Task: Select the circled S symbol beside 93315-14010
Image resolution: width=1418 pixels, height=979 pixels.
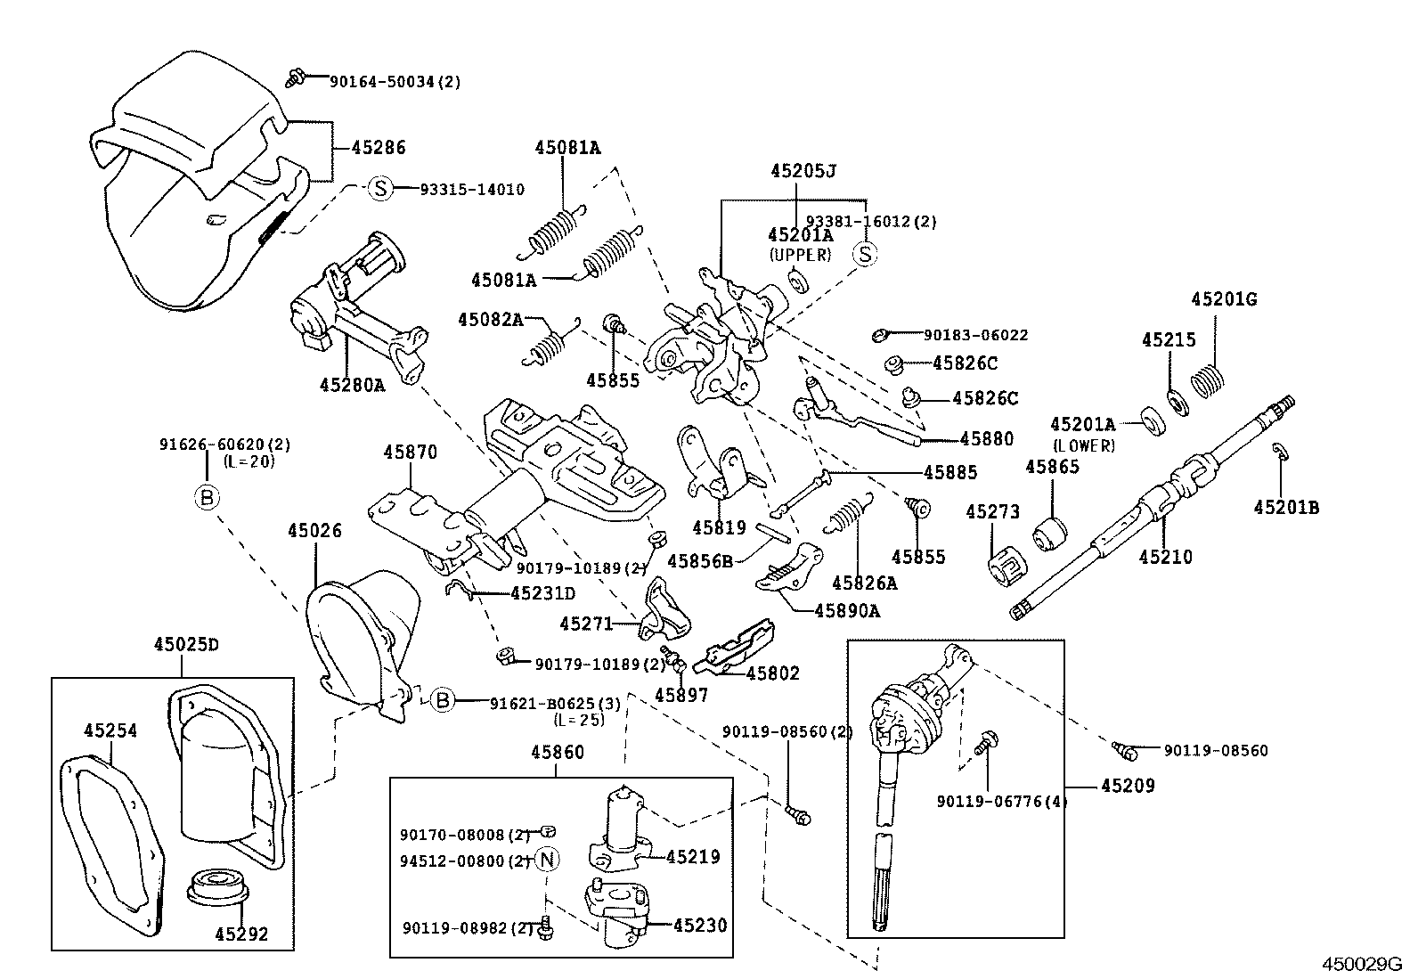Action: tap(380, 189)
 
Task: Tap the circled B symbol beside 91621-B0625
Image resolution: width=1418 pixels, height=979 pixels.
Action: tap(444, 701)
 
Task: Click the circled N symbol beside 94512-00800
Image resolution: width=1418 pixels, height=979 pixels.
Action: tap(548, 860)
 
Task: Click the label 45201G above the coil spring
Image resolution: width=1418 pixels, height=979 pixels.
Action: tap(1224, 299)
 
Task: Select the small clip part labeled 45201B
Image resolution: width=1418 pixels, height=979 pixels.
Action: tap(1279, 453)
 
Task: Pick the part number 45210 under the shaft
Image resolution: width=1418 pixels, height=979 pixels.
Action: tap(1165, 557)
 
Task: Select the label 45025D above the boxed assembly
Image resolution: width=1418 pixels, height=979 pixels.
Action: tap(185, 644)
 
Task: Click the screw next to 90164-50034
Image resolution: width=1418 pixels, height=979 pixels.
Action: tap(297, 78)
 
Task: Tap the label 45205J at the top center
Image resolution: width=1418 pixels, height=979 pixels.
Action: tap(803, 170)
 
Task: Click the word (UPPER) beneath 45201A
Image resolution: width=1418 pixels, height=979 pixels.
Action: tap(799, 255)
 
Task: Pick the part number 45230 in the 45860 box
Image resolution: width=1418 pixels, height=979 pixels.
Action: tap(700, 926)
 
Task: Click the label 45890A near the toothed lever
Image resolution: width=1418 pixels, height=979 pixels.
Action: tap(846, 610)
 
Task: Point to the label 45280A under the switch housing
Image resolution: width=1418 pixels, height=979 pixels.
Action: tap(353, 385)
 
